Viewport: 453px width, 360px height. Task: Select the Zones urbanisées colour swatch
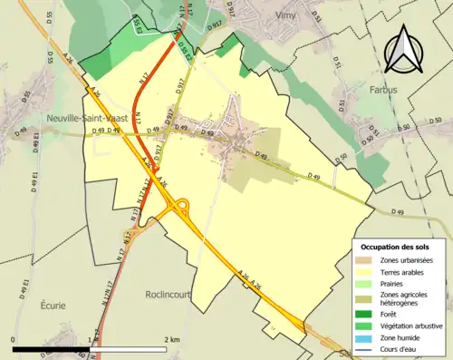click(366, 261)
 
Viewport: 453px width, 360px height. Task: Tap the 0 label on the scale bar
click(14, 339)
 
